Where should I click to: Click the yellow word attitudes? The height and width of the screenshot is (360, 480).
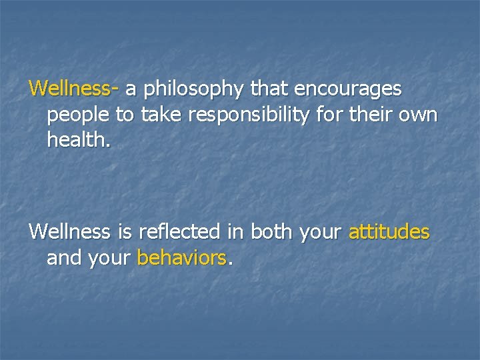pyautogui.click(x=389, y=233)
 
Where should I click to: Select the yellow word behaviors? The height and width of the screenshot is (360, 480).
pyautogui.click(x=181, y=258)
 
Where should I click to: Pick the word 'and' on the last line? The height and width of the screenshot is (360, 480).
pyautogui.click(x=64, y=258)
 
